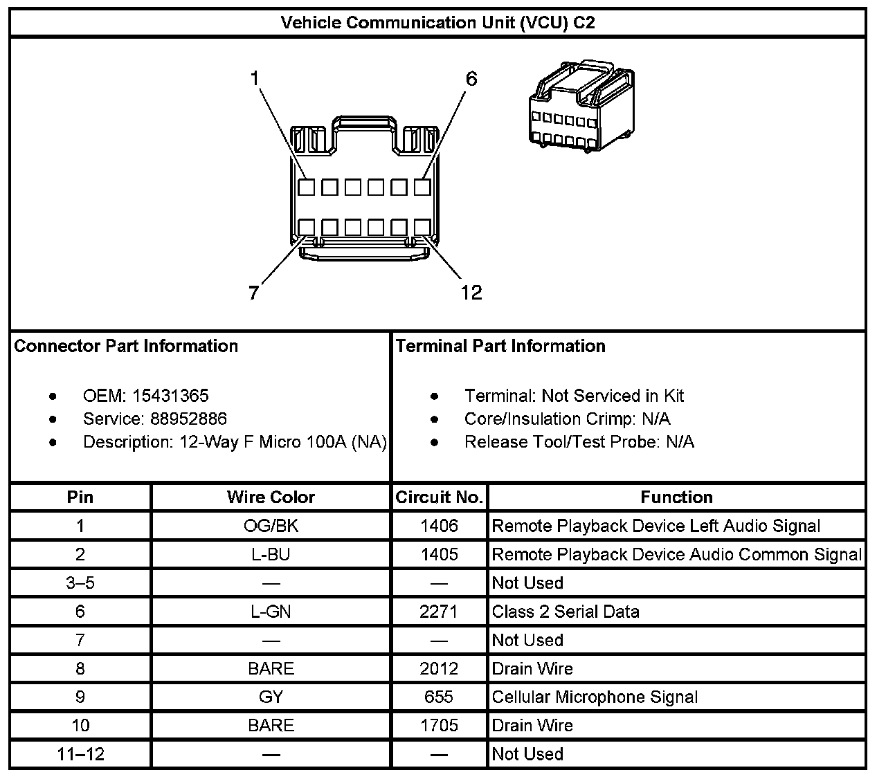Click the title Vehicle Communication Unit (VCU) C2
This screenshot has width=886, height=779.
coord(437,23)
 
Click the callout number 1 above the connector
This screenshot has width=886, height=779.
coord(255,79)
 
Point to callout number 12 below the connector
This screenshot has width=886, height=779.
coord(471,293)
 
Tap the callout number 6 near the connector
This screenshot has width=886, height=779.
coord(471,79)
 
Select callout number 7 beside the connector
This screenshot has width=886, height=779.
coord(254,293)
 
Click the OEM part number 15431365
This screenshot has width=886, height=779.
coord(170,396)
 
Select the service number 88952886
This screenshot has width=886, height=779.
coord(188,419)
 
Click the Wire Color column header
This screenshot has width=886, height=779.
coord(271,497)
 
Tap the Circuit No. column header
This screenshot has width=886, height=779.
coord(439,497)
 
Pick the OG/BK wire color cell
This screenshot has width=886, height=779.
coord(271,526)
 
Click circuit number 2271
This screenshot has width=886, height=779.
coord(439,612)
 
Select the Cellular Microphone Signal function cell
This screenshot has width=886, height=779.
coord(595,697)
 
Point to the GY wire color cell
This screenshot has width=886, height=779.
coord(271,697)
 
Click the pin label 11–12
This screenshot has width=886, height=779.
coord(80,753)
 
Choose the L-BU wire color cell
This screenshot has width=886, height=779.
coord(271,554)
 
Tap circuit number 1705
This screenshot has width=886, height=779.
coord(439,725)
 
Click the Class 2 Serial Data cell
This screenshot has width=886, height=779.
coord(566,612)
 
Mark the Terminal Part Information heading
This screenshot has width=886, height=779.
coord(500,346)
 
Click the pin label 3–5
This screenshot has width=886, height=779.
coord(80,583)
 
